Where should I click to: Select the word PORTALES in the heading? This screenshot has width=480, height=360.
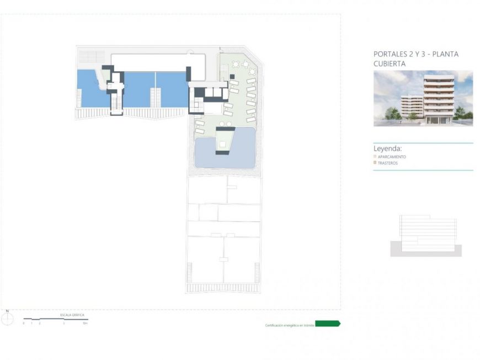click(x=390, y=54)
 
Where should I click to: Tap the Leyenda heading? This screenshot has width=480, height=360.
click(x=387, y=149)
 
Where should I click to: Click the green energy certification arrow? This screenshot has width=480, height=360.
click(x=327, y=324)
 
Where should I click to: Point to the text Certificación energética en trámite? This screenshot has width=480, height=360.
click(x=290, y=326)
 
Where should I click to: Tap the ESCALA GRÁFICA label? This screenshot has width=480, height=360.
click(x=72, y=315)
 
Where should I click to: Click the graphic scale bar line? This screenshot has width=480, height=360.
click(x=55, y=319)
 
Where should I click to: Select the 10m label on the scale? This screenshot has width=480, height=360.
click(x=84, y=324)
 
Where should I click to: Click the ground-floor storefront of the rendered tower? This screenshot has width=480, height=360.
click(x=439, y=119)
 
